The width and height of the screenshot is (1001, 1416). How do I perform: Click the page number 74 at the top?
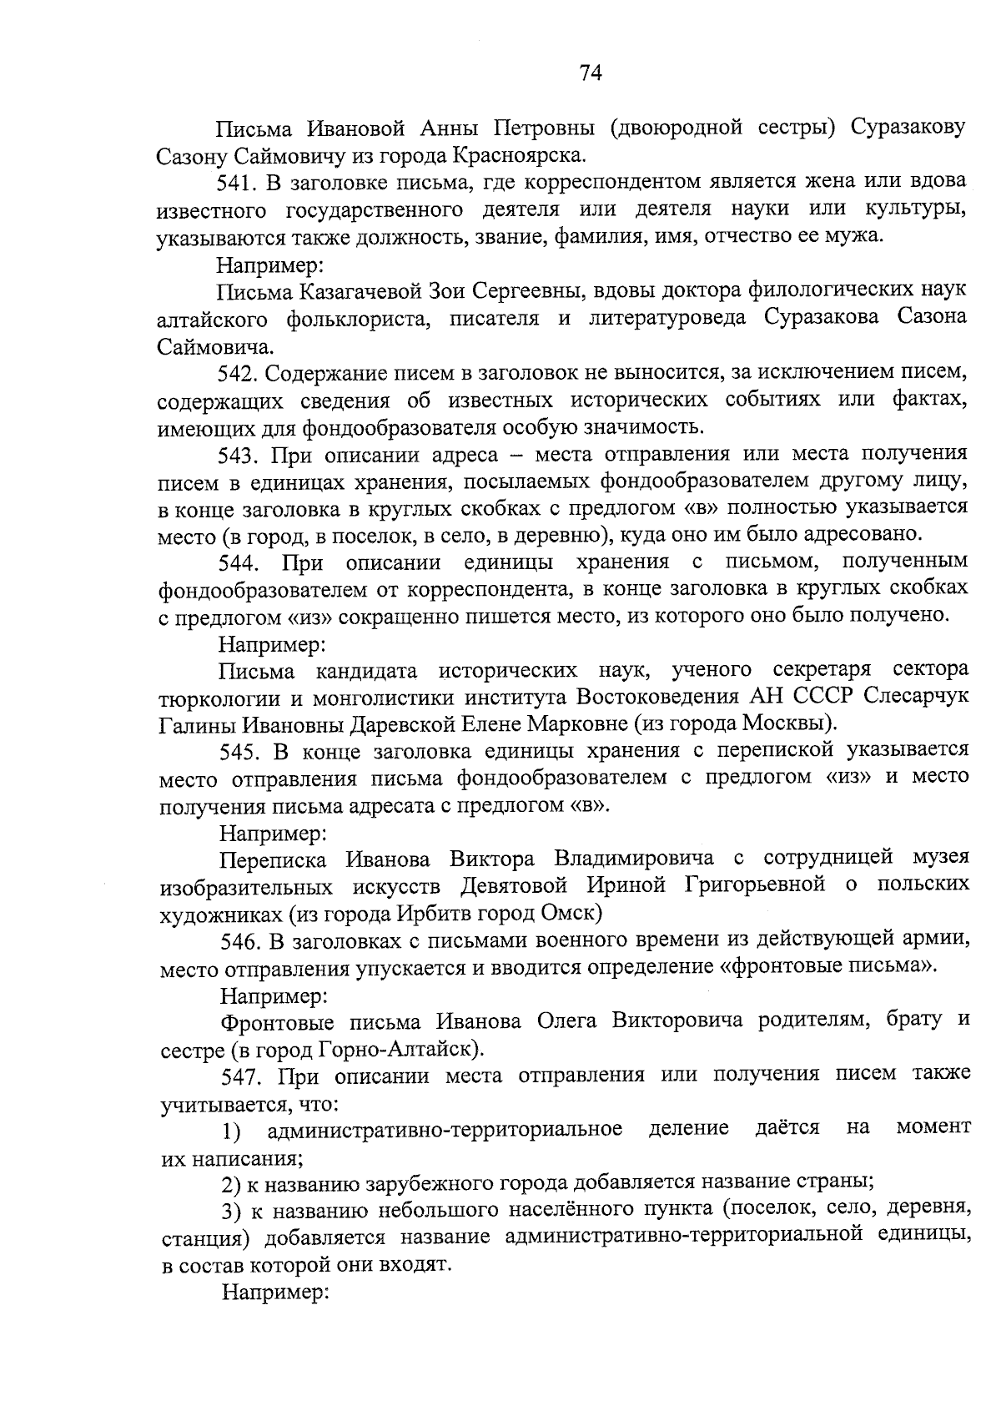coord(590,73)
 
